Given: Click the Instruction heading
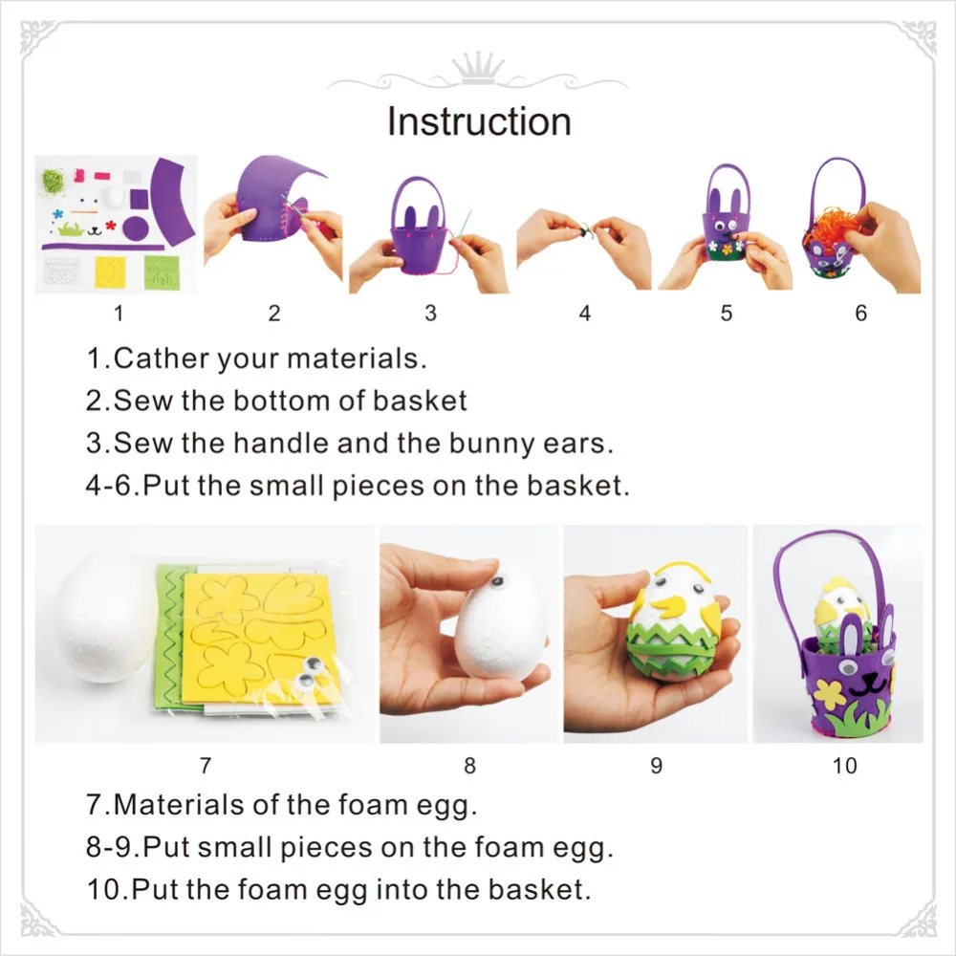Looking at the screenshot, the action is click(479, 122).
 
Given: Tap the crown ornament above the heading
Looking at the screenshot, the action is click(479, 68).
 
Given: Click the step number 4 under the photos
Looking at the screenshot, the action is click(585, 314).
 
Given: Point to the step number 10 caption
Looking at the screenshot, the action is click(845, 765).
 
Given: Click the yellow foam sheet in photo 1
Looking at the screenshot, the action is click(110, 272).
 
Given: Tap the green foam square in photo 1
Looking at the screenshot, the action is click(163, 272).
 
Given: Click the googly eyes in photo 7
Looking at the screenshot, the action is click(310, 672).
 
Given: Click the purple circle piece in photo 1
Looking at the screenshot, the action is click(136, 228).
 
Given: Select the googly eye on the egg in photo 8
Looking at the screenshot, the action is click(498, 581).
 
